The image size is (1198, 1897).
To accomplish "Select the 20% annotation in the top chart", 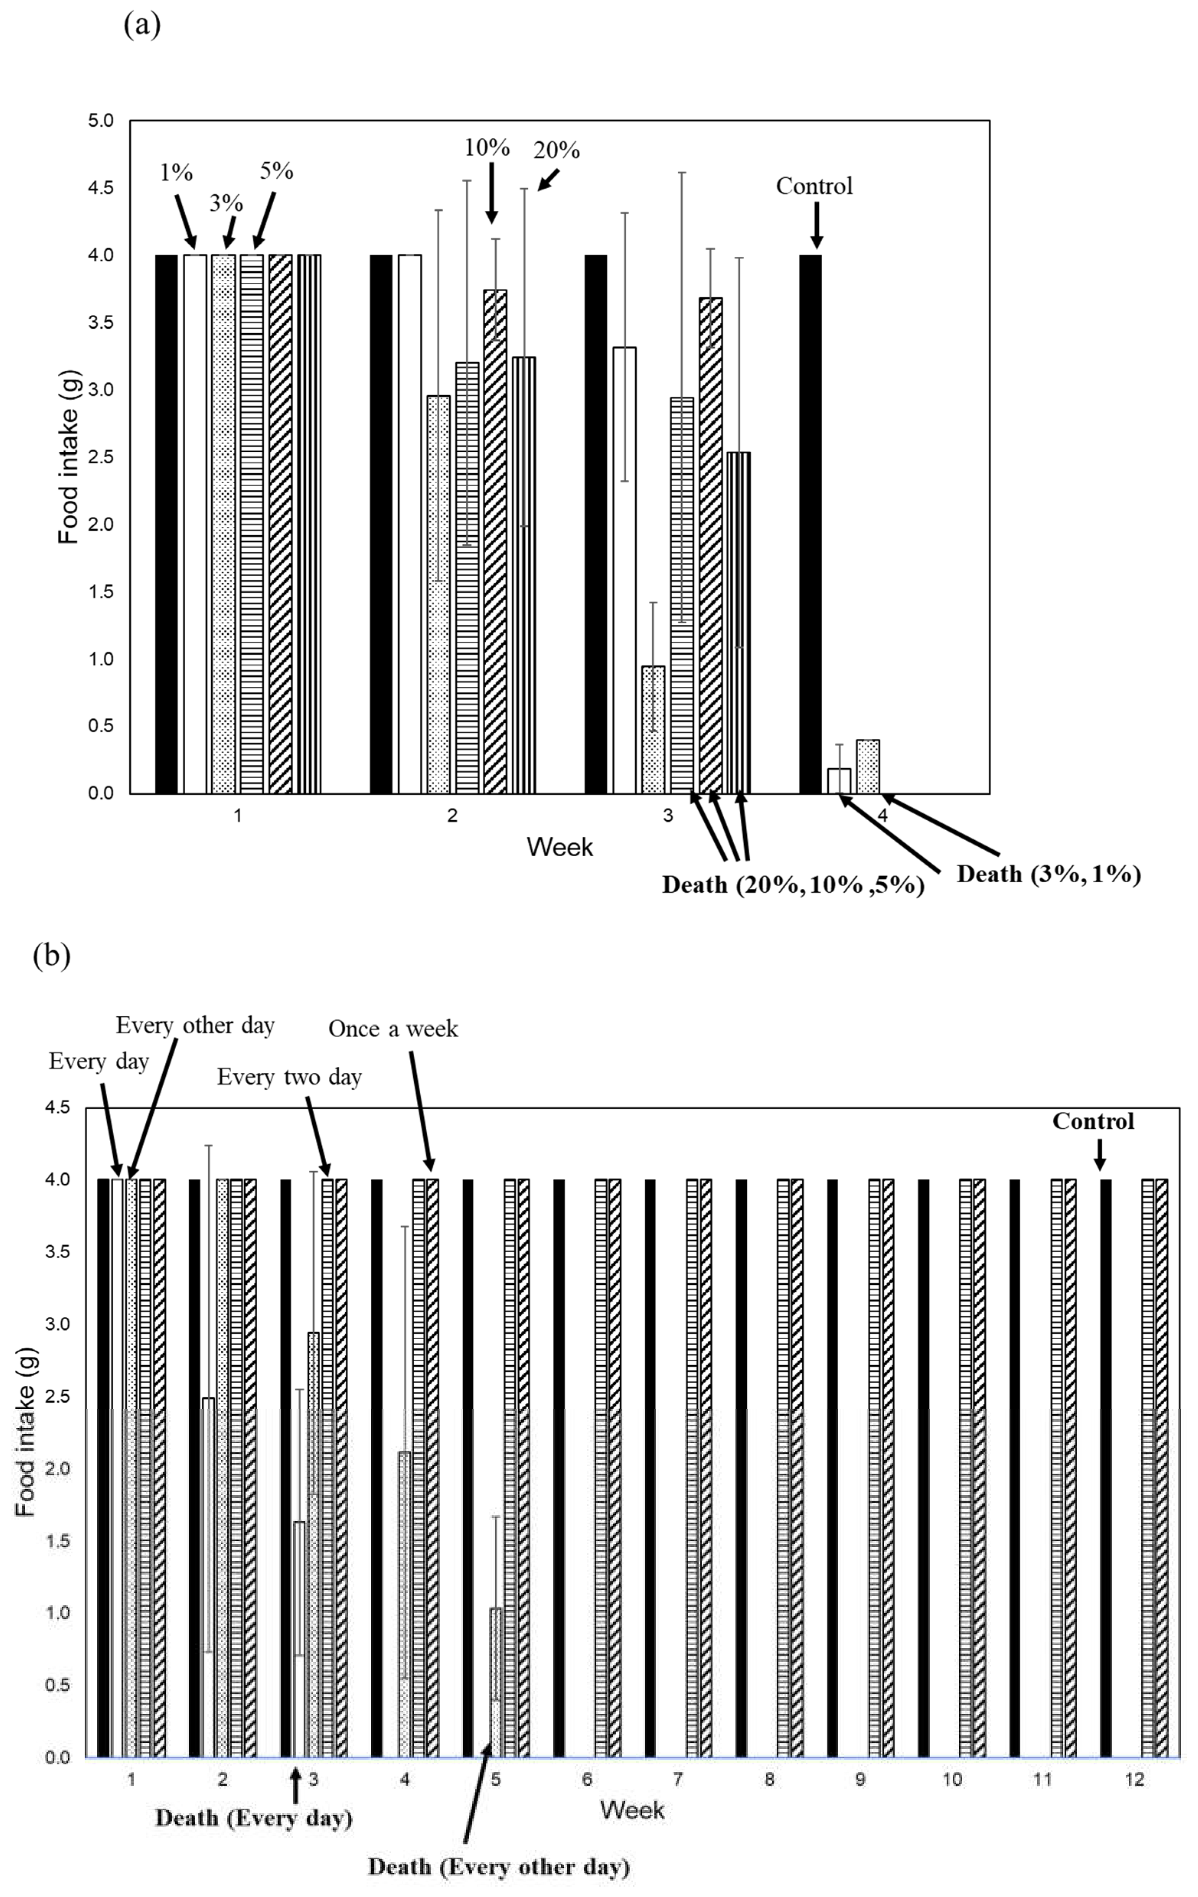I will click(x=557, y=150).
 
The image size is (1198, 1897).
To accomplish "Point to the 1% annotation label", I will click(x=176, y=173).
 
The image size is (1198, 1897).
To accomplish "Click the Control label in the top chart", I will click(x=814, y=186).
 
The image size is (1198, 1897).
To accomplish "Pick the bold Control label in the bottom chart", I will click(x=1093, y=1121).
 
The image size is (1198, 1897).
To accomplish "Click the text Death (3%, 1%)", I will click(x=1048, y=874).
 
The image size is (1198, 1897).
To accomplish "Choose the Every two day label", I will click(x=289, y=1077).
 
